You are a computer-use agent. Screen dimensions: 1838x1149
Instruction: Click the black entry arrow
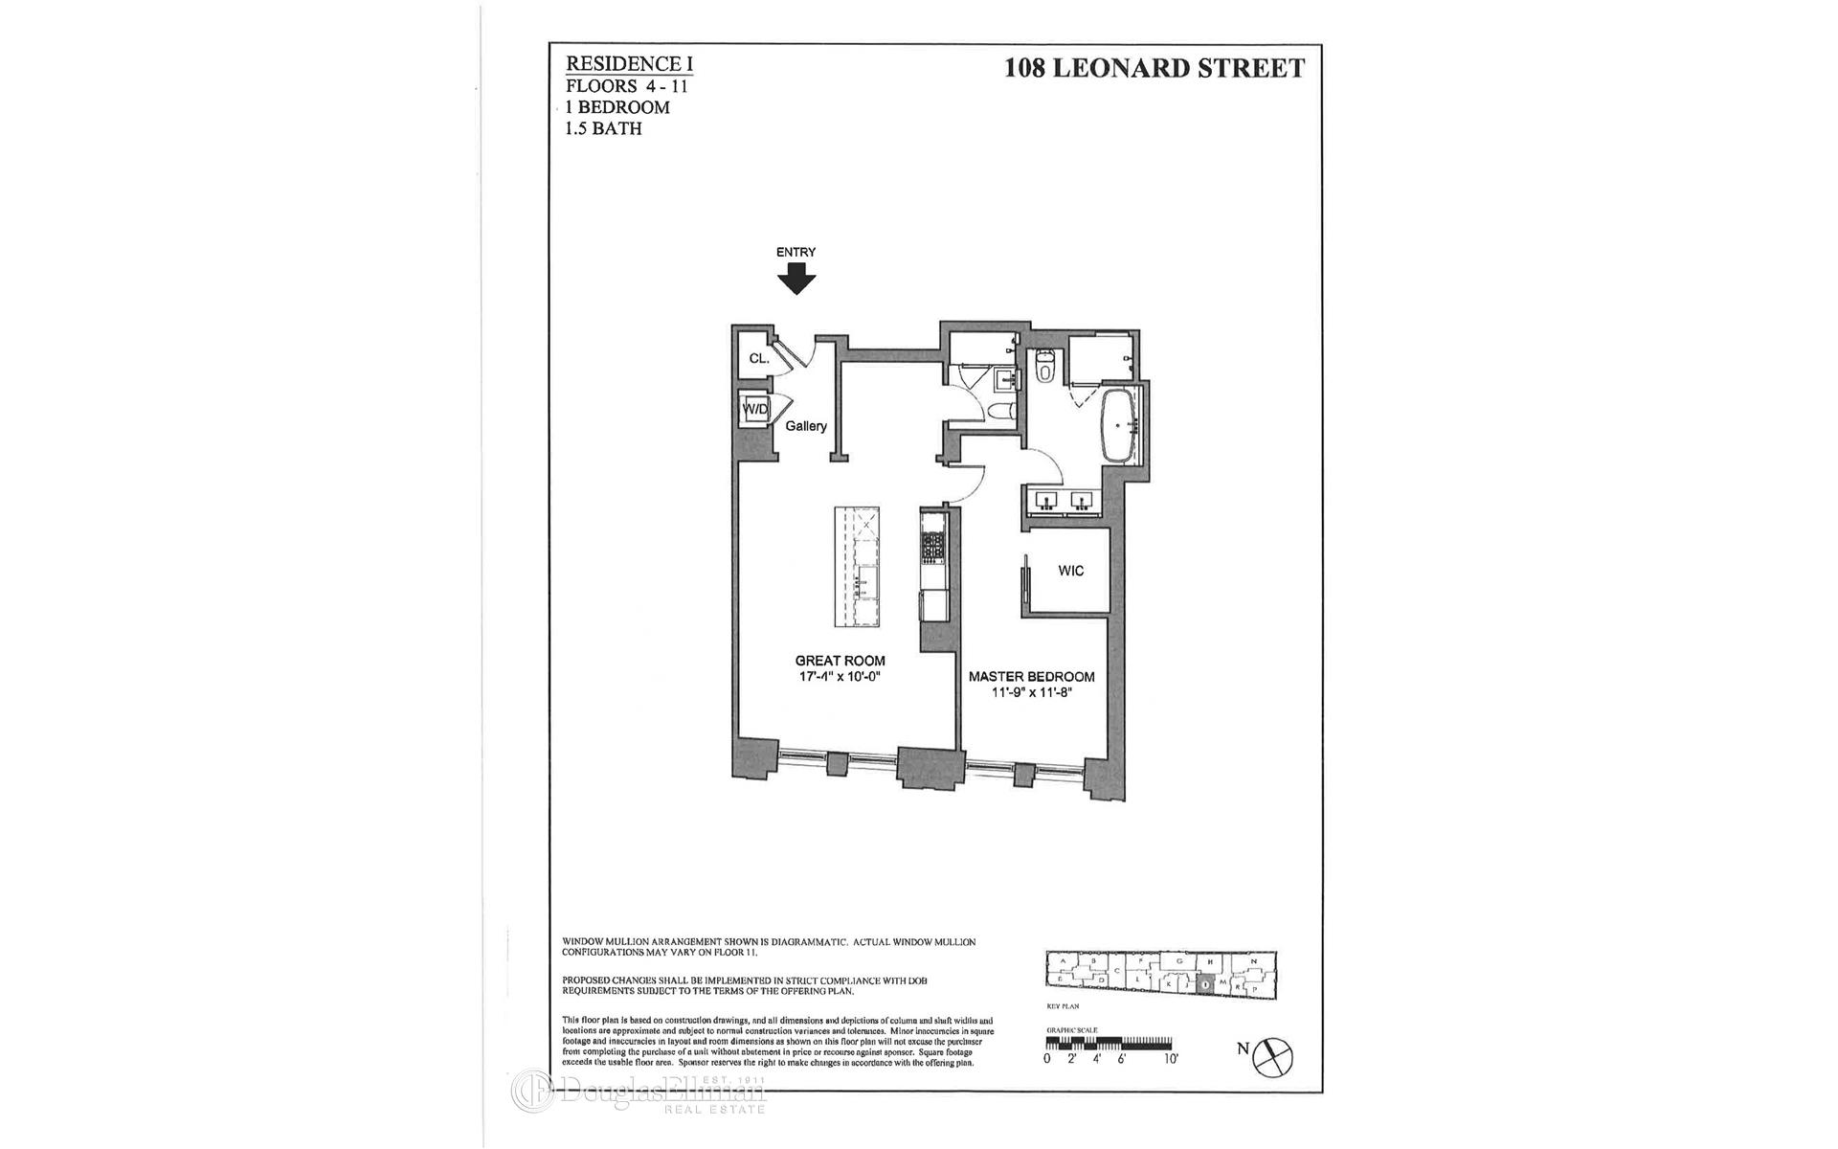(x=796, y=280)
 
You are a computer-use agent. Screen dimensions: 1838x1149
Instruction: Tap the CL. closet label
(x=758, y=359)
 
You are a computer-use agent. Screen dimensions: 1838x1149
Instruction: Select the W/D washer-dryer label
(x=754, y=410)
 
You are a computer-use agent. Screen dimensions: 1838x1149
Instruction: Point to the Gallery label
(x=806, y=426)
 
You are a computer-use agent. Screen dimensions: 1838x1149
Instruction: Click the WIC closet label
(x=1071, y=571)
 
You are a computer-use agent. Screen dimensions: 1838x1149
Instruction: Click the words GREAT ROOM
(x=840, y=661)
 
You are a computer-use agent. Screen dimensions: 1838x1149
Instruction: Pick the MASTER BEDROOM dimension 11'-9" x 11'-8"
(x=1031, y=692)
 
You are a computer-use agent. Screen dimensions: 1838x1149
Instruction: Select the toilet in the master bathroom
(x=1045, y=365)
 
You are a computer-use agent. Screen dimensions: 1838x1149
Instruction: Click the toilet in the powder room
(x=999, y=412)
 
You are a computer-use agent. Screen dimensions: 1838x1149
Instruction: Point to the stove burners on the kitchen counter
(x=932, y=547)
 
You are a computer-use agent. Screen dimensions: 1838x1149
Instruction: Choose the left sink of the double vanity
(x=1044, y=501)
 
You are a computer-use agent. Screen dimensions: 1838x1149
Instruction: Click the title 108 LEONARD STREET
(x=1154, y=68)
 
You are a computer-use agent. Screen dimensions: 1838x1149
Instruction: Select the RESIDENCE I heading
(x=629, y=64)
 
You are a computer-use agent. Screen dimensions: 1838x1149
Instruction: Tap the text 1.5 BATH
(x=603, y=128)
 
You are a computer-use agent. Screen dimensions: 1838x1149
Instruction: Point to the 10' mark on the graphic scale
(x=1172, y=1059)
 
